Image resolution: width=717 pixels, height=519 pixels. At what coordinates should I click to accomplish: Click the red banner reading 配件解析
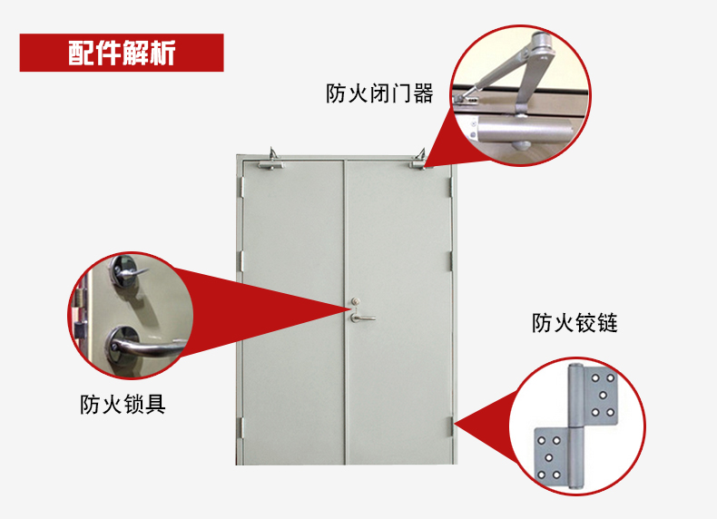(x=122, y=53)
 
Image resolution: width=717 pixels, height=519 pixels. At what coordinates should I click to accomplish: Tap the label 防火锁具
(x=123, y=403)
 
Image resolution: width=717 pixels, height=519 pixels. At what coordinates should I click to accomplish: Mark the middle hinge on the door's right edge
(x=450, y=258)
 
